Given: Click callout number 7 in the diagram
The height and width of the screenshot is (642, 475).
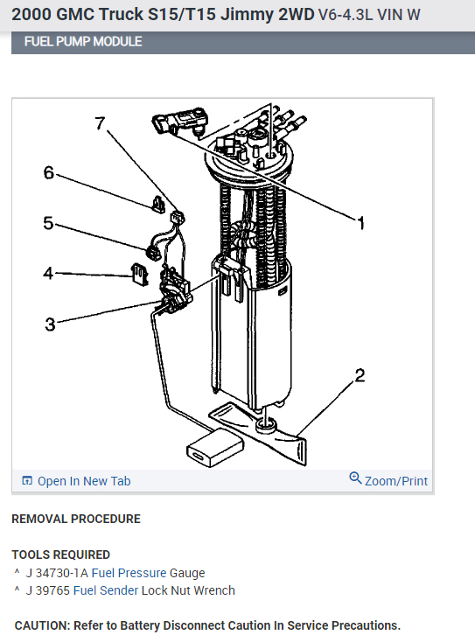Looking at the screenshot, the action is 101,122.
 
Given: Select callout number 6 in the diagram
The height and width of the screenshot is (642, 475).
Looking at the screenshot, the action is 49,172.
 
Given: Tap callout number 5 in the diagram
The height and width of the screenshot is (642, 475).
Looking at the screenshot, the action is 48,223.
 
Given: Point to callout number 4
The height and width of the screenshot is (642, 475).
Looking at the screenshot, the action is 48,273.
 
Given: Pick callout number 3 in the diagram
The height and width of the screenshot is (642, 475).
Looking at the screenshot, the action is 50,324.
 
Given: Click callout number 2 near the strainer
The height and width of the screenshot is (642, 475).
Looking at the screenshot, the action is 360,375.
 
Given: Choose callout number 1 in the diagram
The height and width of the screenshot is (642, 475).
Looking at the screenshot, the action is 360,224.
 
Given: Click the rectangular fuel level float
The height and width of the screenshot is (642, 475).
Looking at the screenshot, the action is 215,448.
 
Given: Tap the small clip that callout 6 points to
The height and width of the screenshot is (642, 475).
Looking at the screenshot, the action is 158,205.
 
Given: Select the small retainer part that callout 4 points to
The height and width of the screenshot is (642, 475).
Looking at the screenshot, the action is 139,275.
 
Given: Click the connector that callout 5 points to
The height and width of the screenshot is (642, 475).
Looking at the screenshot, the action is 153,252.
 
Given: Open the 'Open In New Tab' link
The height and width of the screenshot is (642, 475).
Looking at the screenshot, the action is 84,481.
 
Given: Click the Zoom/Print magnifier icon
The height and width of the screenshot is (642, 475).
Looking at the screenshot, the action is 355,478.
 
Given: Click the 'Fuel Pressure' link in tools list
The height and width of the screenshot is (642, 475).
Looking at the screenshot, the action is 129,573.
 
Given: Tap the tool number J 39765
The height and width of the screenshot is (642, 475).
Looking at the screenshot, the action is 48,590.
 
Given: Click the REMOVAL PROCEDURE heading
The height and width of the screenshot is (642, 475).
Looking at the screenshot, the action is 76,519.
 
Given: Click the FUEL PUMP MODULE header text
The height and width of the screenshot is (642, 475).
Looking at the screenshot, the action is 83,41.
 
